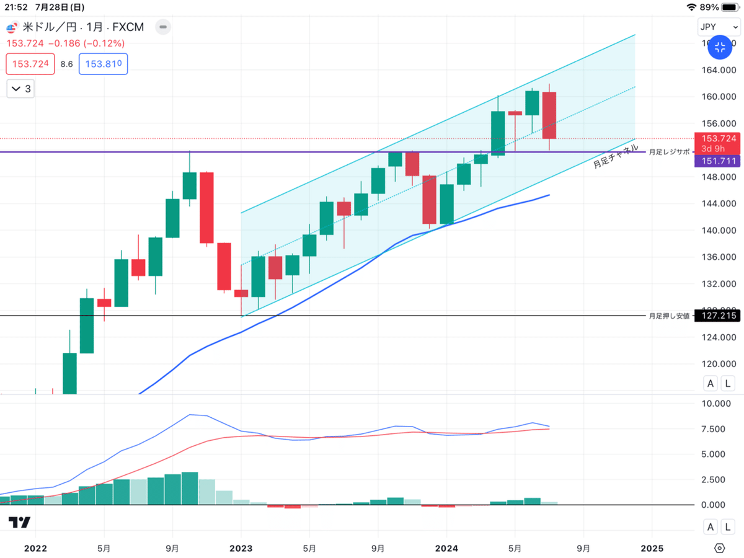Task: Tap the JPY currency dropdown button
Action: coord(717,27)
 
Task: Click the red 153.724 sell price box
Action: coord(30,64)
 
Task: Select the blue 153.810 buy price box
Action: coord(103,64)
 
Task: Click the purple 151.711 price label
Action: coord(719,161)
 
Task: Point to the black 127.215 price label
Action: coord(719,316)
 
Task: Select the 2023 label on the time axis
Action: coord(241,548)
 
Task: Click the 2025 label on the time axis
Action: coord(652,548)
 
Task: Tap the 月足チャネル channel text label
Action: coord(615,157)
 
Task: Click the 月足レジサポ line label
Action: coord(669,152)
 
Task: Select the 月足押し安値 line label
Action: coord(669,316)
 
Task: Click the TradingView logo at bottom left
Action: coord(20,523)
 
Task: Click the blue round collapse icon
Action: coord(720,47)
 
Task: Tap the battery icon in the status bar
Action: coord(730,7)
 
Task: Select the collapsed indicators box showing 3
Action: coord(20,89)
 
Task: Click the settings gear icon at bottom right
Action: coord(719,548)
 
